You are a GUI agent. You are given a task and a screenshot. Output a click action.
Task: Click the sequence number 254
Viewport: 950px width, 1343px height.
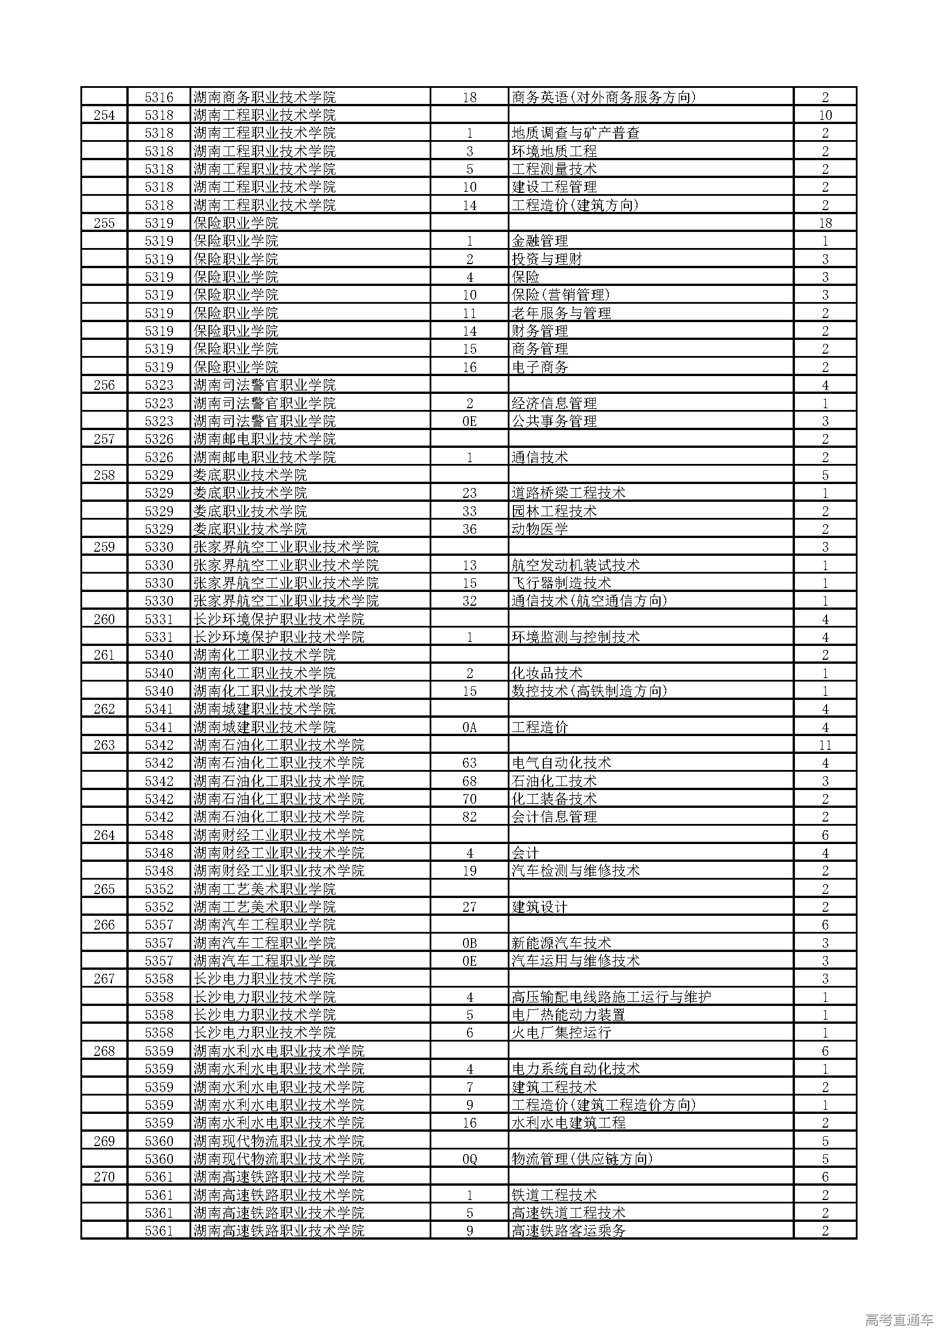point(104,115)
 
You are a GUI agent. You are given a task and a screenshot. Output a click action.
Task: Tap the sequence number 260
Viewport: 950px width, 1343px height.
point(104,620)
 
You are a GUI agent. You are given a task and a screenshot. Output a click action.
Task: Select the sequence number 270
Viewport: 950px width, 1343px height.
point(104,1177)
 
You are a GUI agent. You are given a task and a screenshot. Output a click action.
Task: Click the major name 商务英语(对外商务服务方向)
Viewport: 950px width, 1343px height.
point(604,97)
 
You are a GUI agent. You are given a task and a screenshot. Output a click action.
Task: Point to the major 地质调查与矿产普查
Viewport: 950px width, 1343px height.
point(576,133)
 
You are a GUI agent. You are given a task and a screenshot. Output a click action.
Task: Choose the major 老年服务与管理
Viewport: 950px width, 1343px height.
point(561,314)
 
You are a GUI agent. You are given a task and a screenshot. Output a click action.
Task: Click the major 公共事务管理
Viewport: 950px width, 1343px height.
point(554,421)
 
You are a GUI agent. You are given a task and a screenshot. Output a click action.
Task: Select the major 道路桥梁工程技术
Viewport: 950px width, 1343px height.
point(569,493)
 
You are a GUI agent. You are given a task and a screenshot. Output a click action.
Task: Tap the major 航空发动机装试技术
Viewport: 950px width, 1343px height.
point(576,566)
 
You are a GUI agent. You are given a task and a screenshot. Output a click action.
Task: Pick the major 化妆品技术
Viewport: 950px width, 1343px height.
point(547,674)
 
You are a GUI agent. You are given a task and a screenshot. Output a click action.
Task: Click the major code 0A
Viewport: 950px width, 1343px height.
point(470,727)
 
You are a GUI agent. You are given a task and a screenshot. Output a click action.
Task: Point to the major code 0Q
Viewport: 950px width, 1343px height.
point(470,1159)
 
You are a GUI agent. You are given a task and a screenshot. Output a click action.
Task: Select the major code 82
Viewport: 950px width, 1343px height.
point(470,817)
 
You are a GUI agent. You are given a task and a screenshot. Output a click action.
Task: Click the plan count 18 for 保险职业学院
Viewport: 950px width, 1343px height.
point(825,223)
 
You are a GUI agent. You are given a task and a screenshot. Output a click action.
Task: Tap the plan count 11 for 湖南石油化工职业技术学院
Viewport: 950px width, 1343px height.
point(825,745)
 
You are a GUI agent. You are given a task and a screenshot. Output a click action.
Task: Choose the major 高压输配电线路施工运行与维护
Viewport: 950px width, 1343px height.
point(611,997)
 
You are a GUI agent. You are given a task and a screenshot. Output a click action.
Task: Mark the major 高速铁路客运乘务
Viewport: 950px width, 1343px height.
point(569,1231)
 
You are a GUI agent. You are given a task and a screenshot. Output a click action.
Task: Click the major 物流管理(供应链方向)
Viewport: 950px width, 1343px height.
point(582,1159)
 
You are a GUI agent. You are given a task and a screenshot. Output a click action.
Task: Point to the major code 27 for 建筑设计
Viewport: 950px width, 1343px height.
point(470,907)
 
